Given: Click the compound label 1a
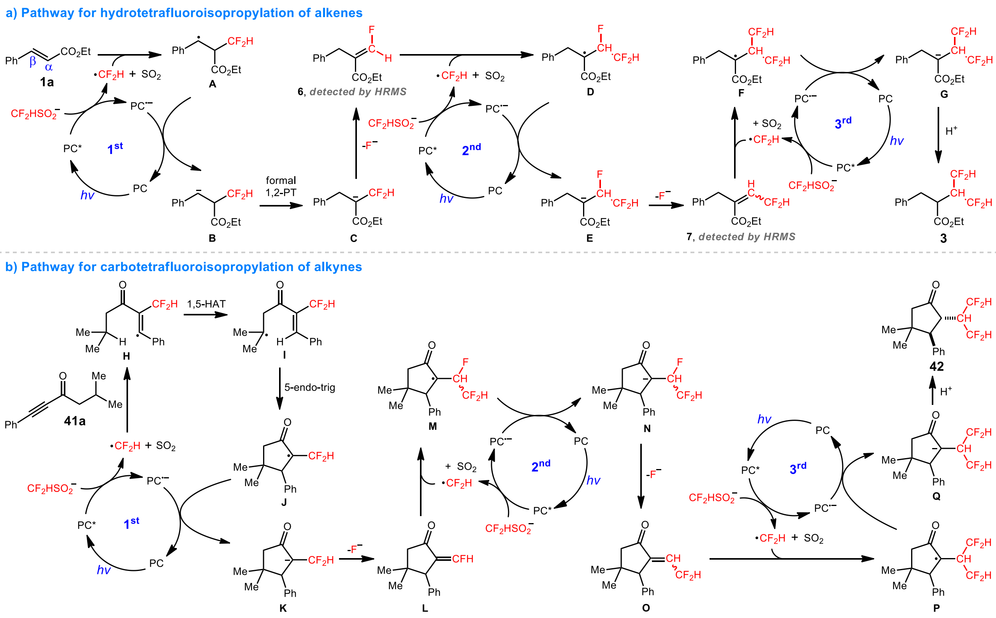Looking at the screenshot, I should coord(47,82).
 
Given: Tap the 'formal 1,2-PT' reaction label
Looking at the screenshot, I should coord(281,186).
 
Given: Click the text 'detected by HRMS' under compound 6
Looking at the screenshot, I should coord(358,91).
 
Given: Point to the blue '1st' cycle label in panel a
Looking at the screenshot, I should coord(115,148).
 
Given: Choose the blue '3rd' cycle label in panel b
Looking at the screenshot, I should coord(798,468).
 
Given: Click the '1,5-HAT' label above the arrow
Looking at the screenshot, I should coord(206,304).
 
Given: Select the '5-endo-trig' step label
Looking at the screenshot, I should coord(310,387).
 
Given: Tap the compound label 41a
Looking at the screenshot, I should coord(74,421).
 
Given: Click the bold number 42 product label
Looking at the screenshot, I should coord(936,366).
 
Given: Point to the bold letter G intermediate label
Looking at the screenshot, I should coord(943,95).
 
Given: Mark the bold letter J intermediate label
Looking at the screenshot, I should coord(284,502).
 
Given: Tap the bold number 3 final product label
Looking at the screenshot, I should coord(943,238).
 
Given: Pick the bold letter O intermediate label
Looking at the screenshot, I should coord(646,608).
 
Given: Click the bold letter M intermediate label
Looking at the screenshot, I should coord(432,426).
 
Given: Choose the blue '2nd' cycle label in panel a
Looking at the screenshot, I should coord(471,149).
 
